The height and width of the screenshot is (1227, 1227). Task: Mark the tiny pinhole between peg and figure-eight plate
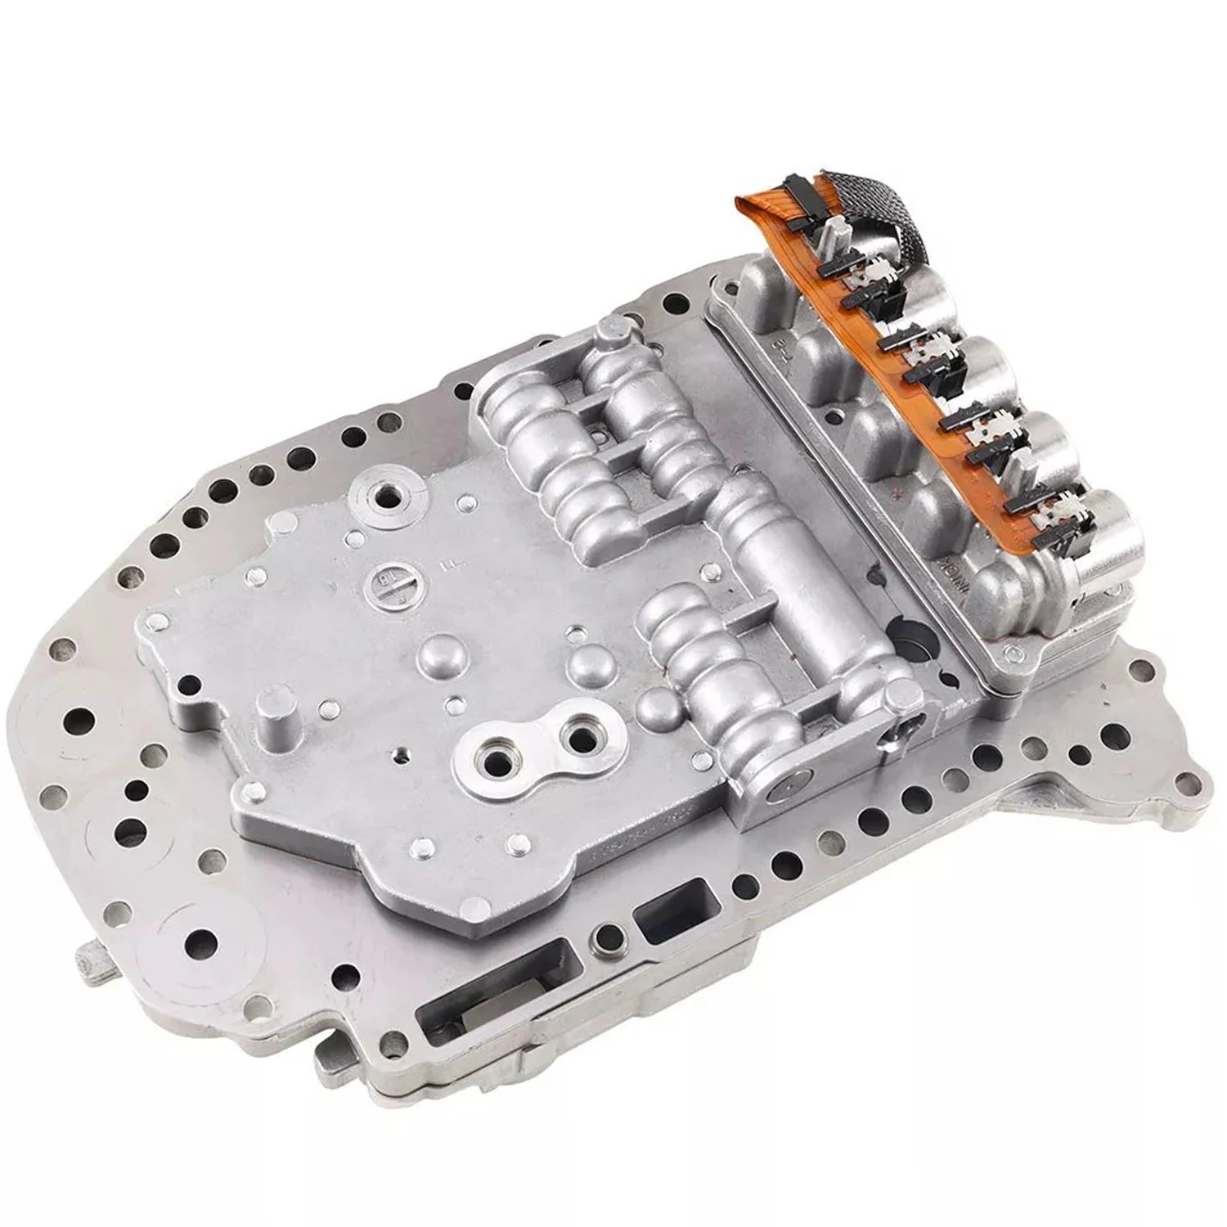coord(398,753)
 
